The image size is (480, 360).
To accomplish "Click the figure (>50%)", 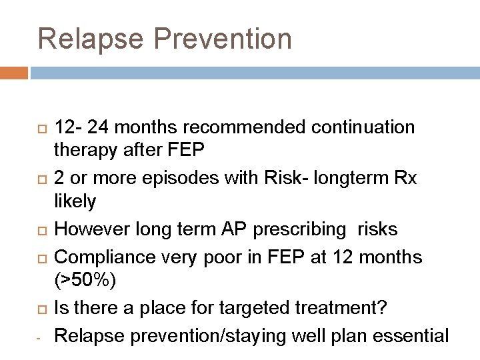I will pos(85,281).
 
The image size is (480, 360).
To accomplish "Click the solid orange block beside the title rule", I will pos(14,72).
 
